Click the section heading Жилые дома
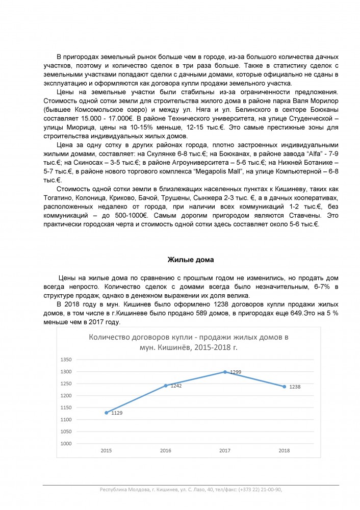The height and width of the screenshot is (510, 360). [x=191, y=260]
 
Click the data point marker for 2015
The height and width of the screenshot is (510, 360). [x=106, y=413]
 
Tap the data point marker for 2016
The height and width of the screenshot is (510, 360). [x=165, y=386]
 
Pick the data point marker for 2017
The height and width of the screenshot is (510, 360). [x=225, y=372]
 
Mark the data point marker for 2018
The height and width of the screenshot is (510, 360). [x=284, y=387]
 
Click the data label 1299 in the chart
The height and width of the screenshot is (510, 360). [x=235, y=373]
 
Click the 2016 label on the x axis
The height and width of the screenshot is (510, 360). [x=165, y=451]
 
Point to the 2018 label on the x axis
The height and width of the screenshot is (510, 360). [x=284, y=451]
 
